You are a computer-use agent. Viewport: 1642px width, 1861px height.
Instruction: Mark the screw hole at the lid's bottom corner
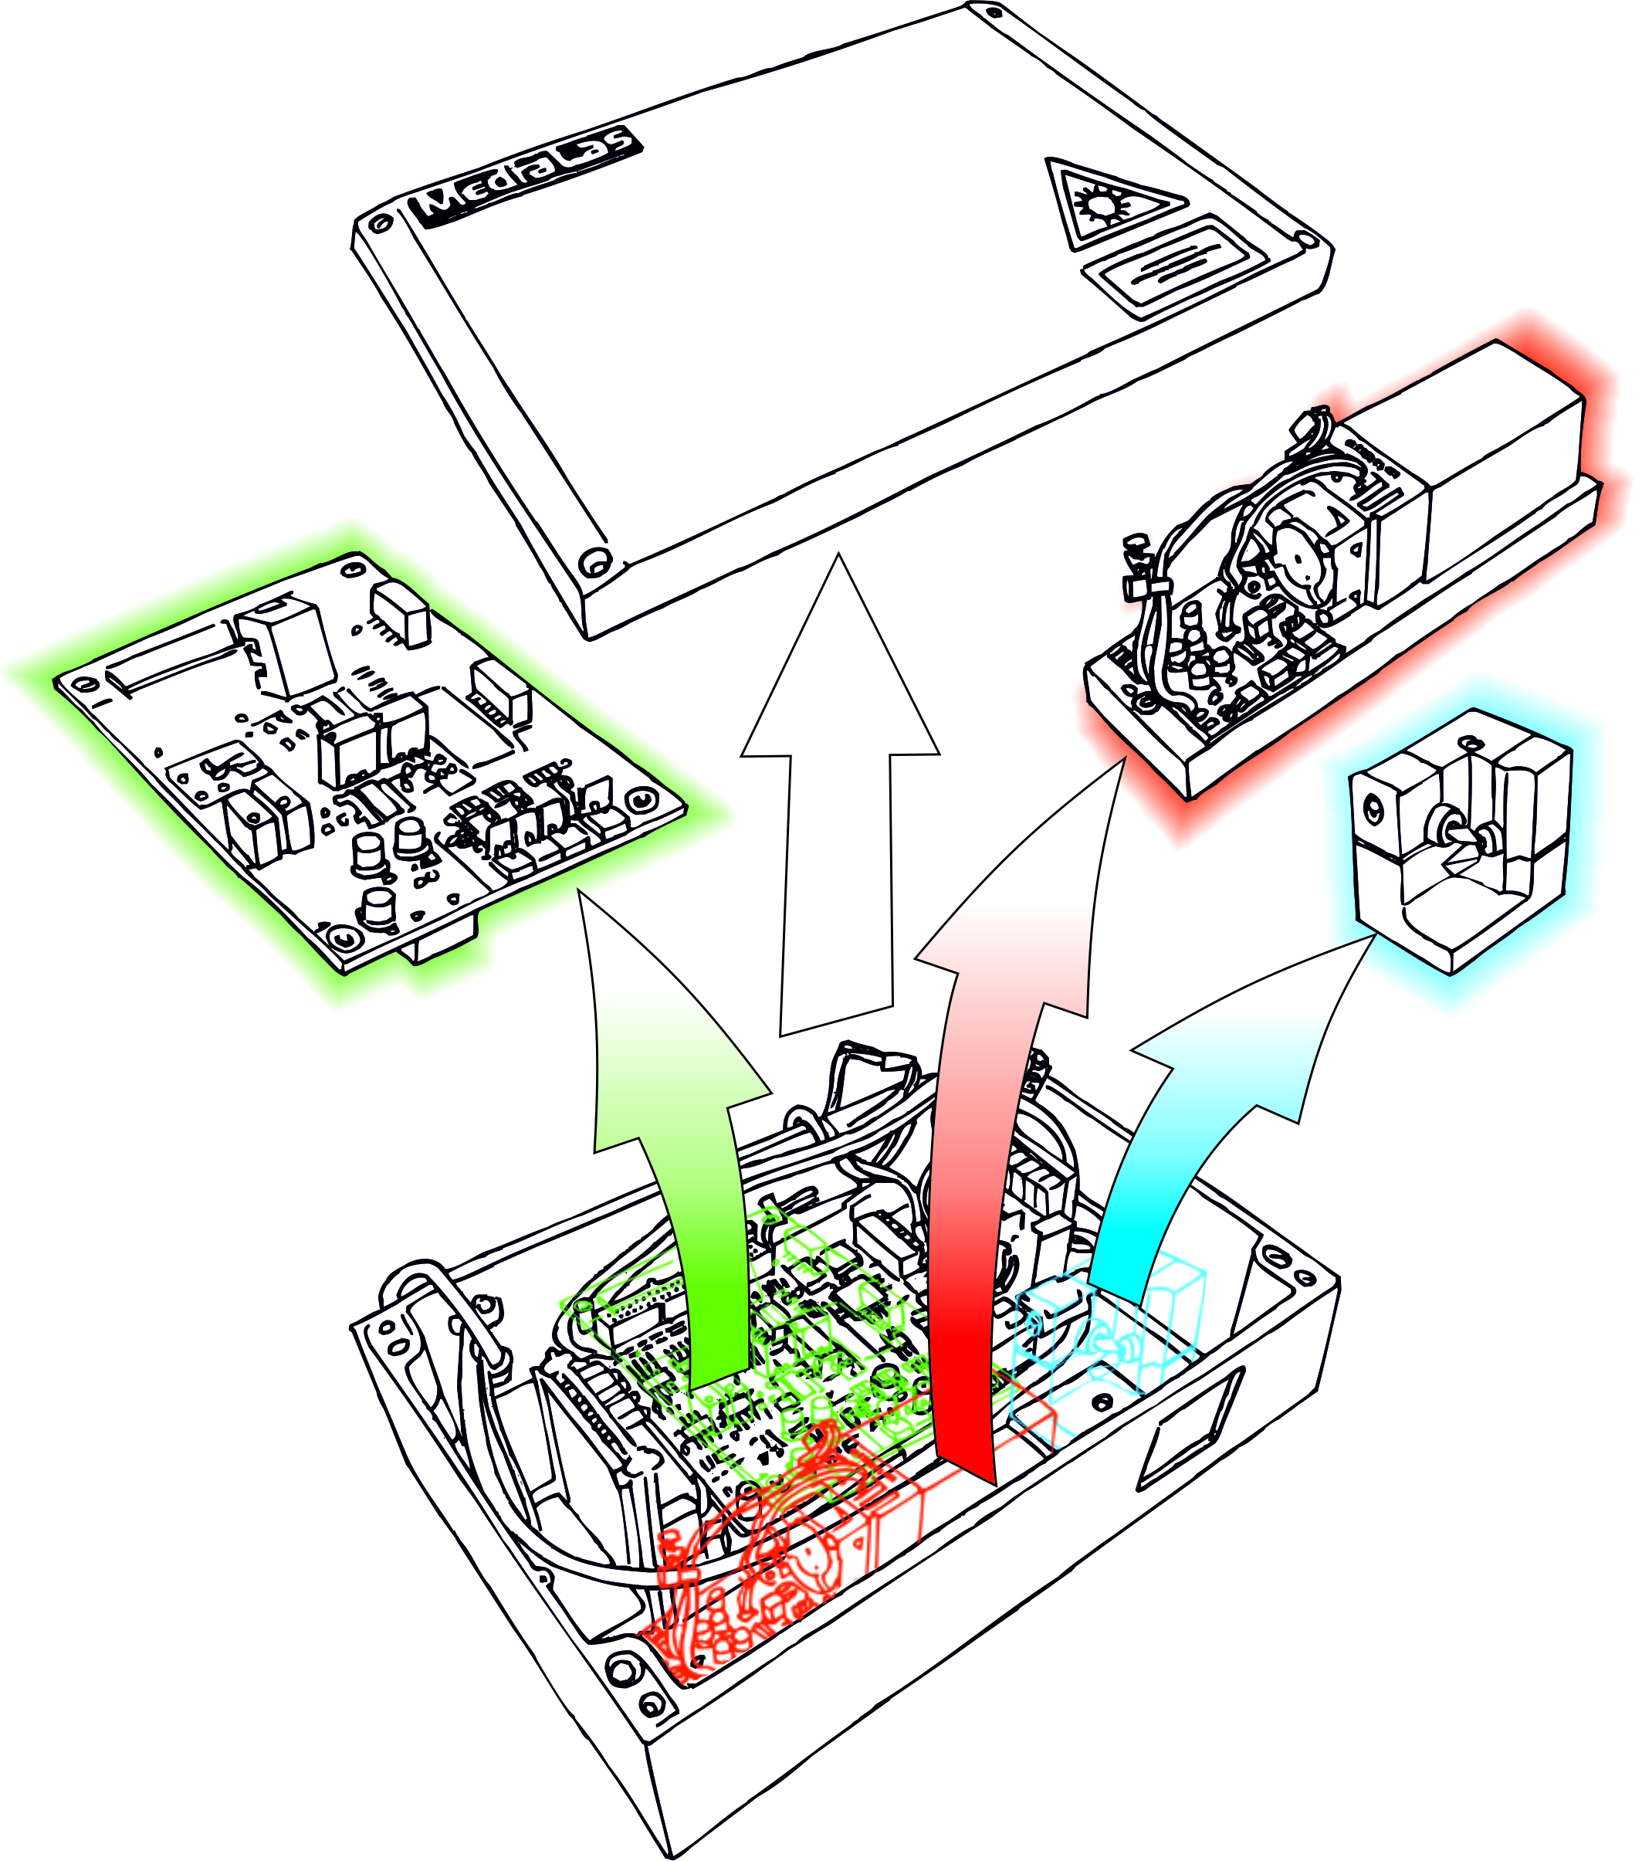point(595,561)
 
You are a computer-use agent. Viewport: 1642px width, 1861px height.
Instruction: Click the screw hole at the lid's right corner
point(1308,240)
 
